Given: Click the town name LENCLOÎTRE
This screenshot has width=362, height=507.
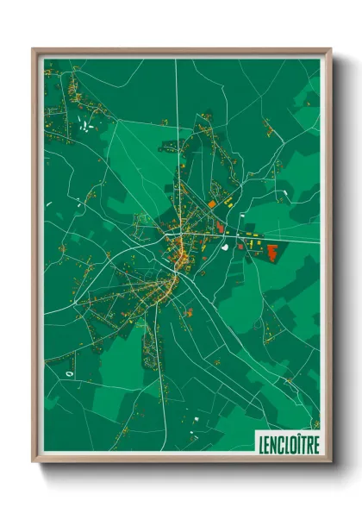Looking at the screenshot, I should (287, 443).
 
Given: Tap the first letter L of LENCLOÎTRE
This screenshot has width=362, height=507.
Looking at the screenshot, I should (260, 443).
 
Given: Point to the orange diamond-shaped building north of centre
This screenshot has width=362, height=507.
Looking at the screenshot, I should (211, 203).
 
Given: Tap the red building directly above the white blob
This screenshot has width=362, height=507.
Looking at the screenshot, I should (219, 228).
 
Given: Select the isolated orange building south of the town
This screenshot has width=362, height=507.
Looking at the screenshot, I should (188, 312).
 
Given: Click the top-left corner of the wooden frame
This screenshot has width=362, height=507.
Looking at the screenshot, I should (34, 50).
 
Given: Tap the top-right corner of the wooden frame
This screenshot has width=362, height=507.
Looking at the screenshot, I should (330, 50).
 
